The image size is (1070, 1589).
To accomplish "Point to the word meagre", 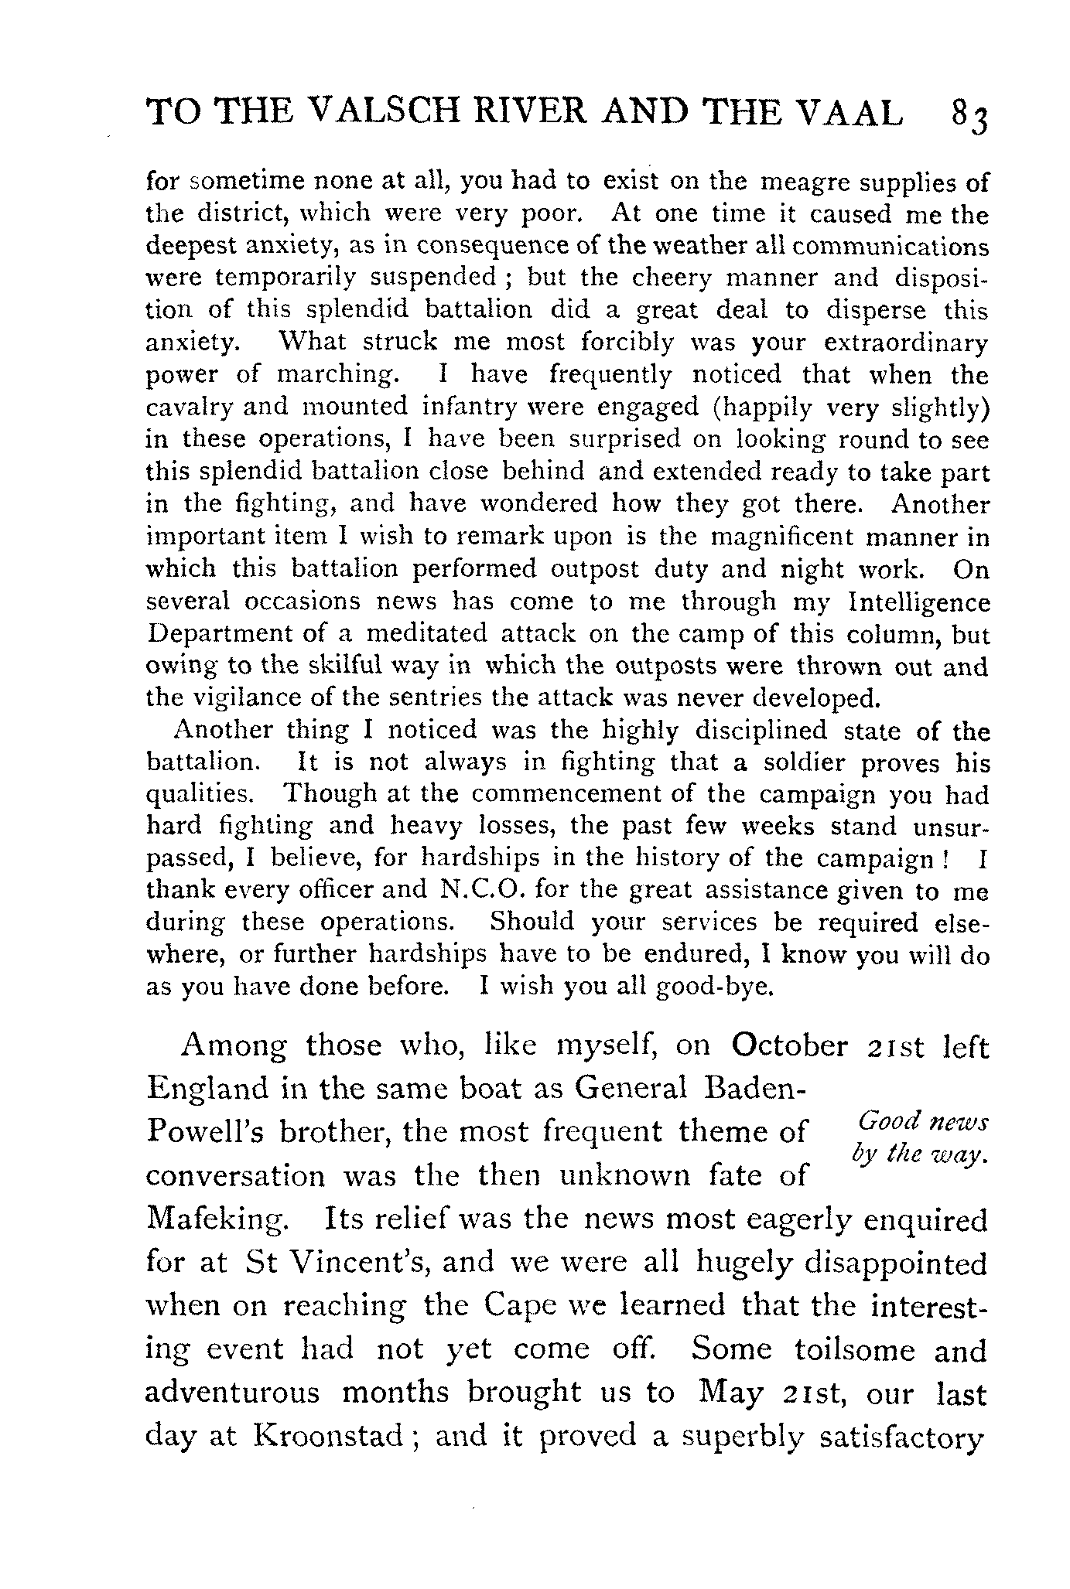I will [807, 182].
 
